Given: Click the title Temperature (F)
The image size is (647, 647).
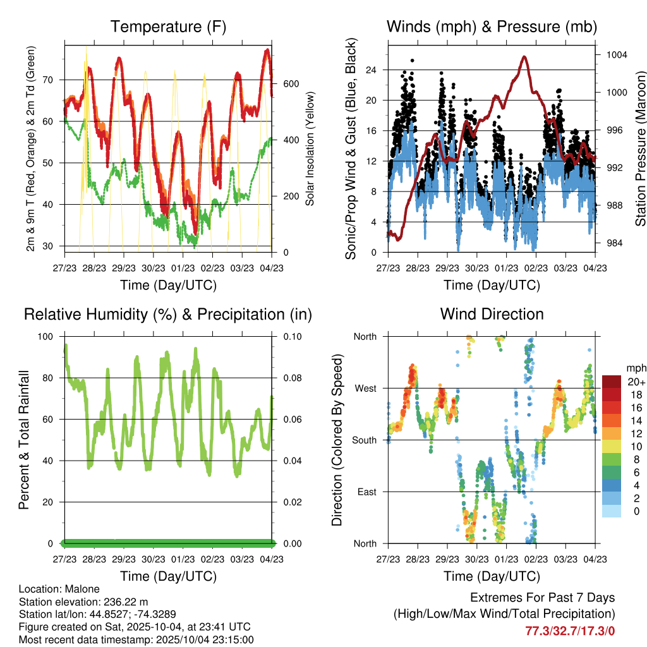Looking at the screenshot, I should (x=168, y=27).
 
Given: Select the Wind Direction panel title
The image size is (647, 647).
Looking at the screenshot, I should (x=492, y=313).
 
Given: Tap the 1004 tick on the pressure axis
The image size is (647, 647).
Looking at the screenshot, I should (x=616, y=54).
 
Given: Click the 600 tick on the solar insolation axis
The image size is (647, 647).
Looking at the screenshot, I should (x=290, y=84).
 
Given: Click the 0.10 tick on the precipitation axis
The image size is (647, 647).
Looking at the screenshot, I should (x=287, y=336).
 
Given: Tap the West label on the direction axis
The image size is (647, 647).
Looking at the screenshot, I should (x=365, y=388).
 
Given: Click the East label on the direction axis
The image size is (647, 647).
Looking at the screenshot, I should (x=366, y=492).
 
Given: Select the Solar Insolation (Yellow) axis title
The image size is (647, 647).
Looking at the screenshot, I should (x=310, y=149).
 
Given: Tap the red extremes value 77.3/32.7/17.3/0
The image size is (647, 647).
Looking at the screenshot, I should (x=570, y=631).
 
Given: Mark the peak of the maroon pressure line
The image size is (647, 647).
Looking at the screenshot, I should (x=524, y=57).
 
